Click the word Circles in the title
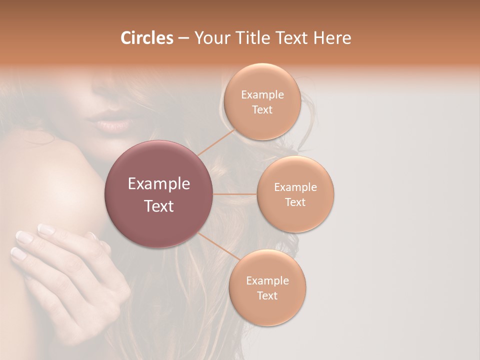(x=146, y=38)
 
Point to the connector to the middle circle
(x=235, y=194)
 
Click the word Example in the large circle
(x=159, y=184)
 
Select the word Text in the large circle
(x=159, y=206)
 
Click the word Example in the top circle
(x=262, y=95)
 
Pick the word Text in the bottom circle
(x=267, y=295)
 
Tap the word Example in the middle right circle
(x=295, y=187)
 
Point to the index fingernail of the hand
(x=46, y=229)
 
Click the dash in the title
(x=183, y=38)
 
